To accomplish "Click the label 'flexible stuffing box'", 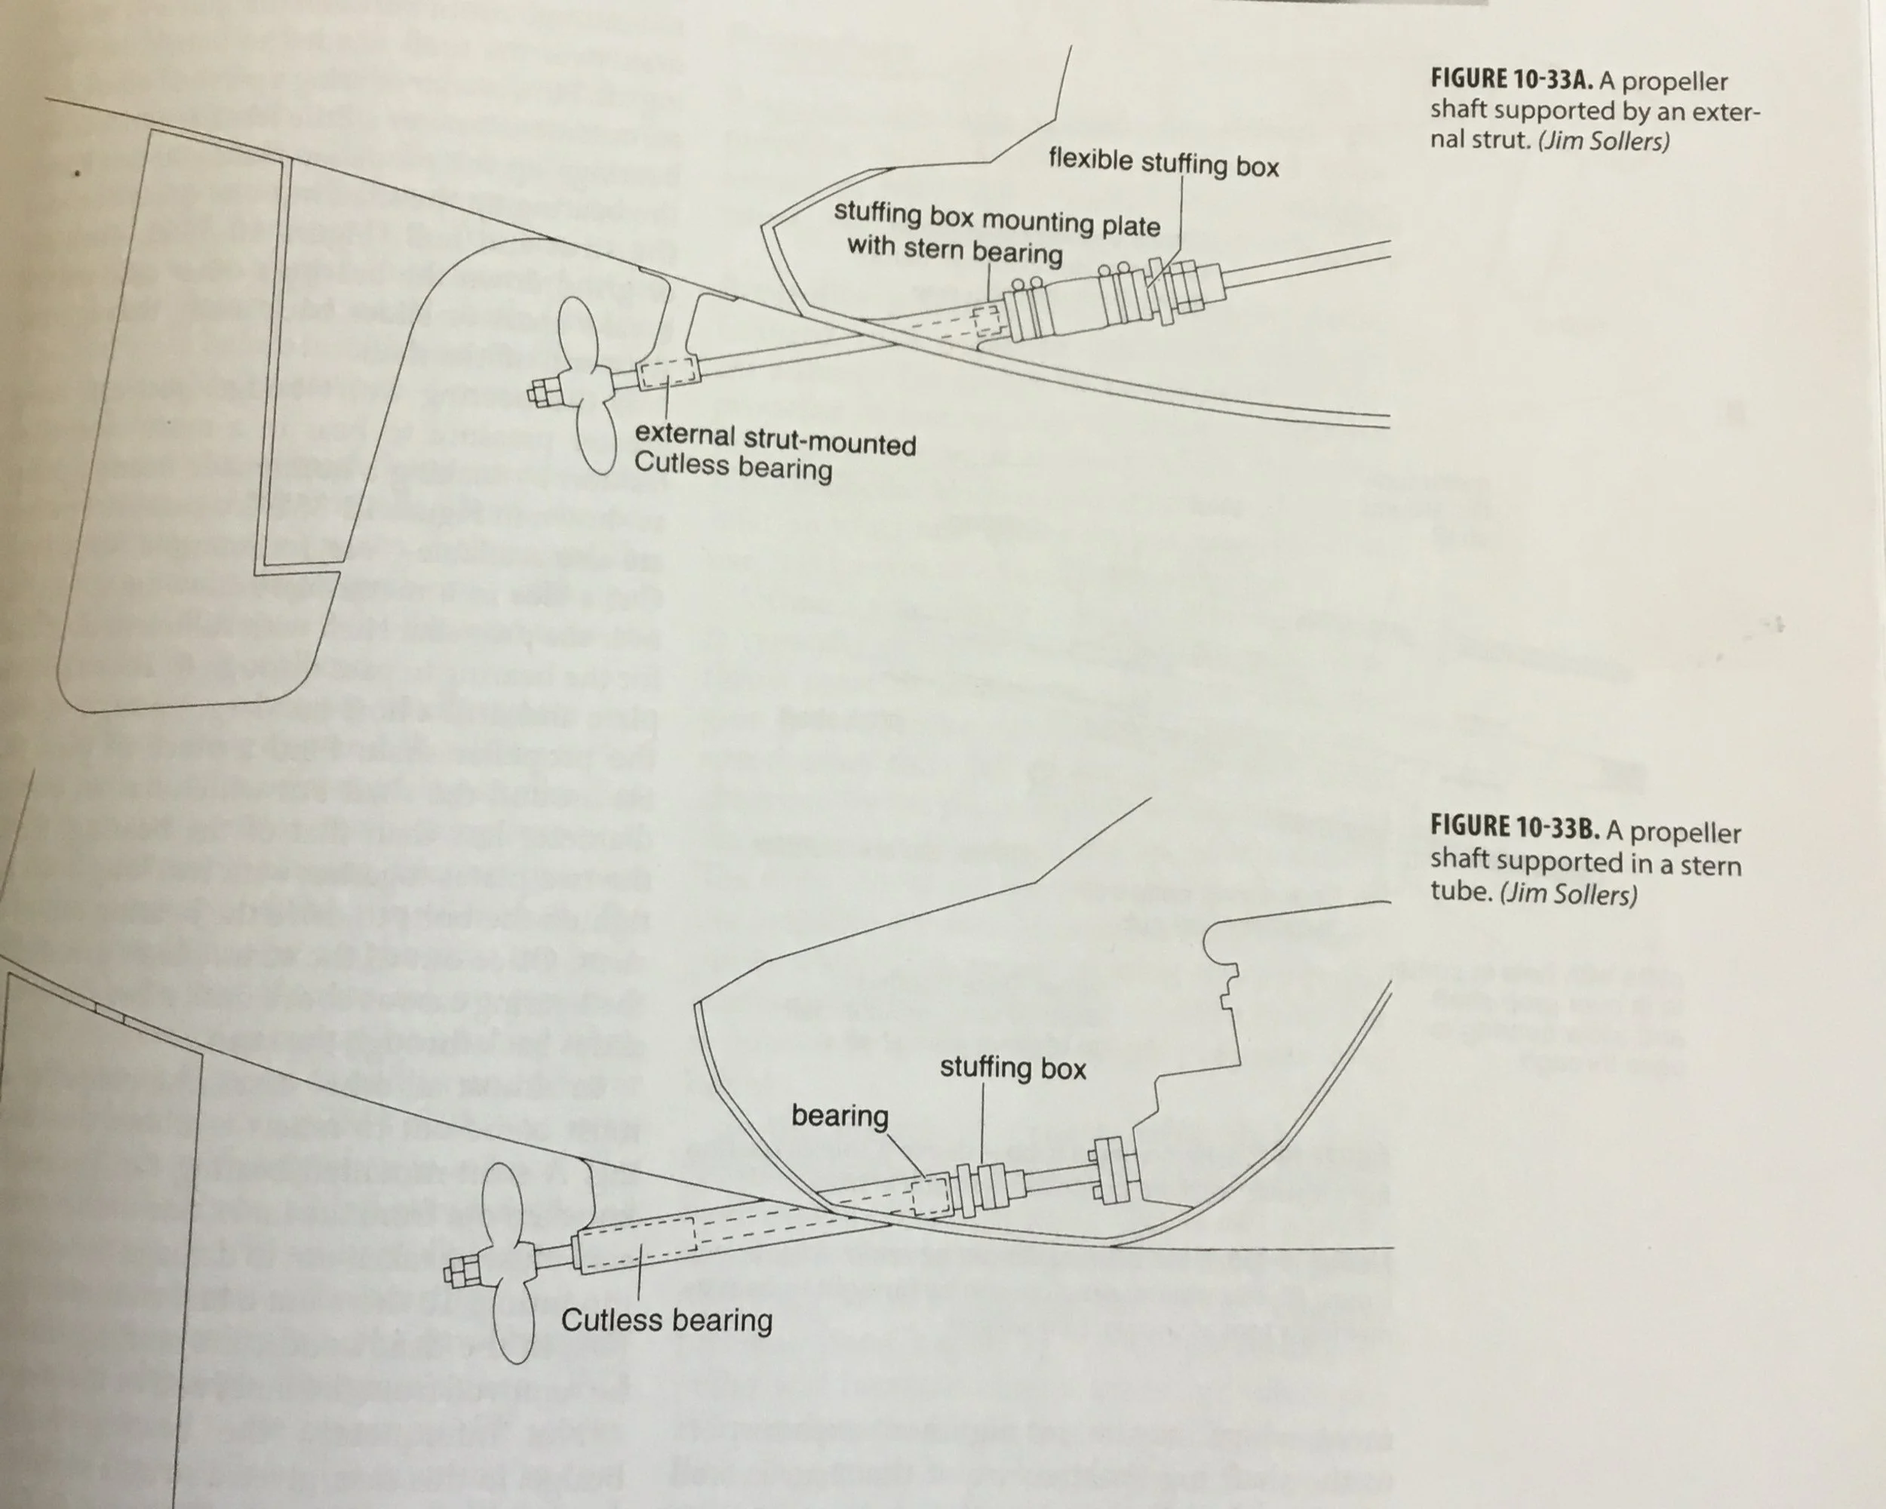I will (1163, 164).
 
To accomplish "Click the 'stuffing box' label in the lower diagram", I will (1012, 1068).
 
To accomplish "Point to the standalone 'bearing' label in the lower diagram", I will (840, 1115).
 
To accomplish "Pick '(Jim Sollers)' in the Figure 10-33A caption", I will (1602, 141).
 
